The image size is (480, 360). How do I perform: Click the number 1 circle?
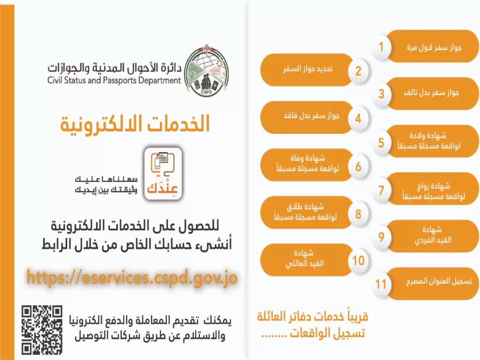click(381, 47)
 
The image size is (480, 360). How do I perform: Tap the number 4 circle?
click(358, 118)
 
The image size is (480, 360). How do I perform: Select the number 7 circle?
click(381, 190)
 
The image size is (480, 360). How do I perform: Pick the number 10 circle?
click(358, 260)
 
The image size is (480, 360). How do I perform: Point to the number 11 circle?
click(381, 283)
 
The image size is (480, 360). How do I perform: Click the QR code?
click(42, 330)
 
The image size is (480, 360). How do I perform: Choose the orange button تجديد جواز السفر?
click(304, 70)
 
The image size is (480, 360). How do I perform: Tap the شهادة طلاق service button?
click(304, 212)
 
